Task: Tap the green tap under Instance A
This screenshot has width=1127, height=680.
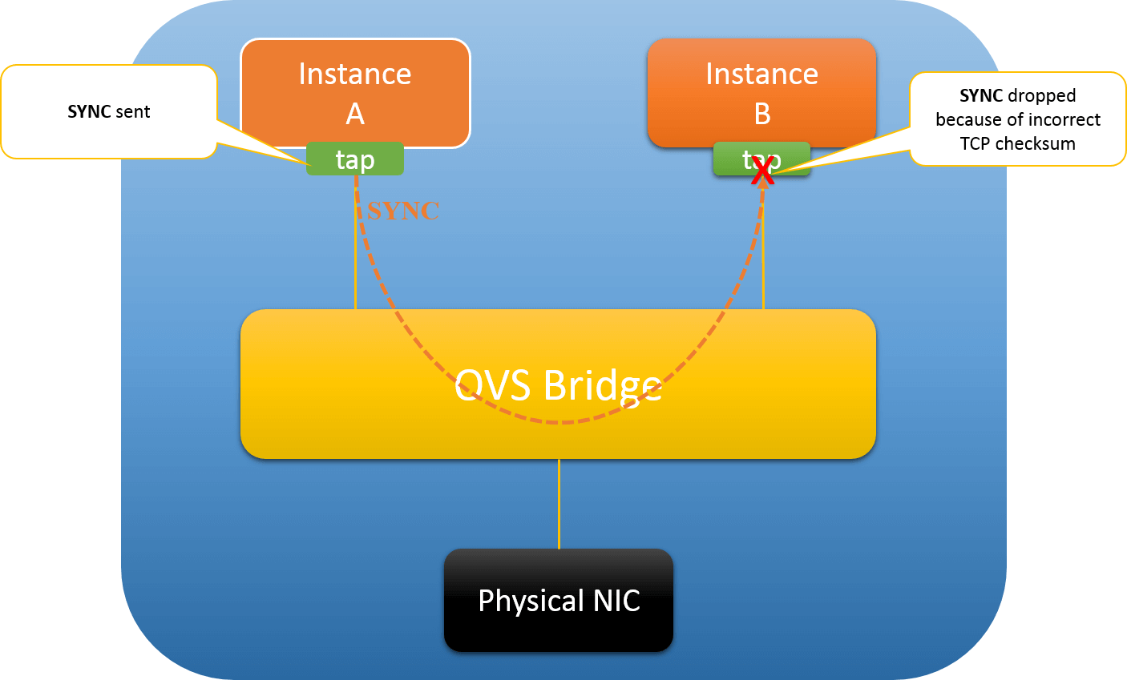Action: [x=355, y=159]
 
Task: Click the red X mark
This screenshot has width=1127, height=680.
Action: [x=762, y=170]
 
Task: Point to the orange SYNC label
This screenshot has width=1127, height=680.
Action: [x=403, y=211]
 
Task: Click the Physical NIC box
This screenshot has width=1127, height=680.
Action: [x=559, y=600]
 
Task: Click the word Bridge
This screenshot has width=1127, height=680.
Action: [x=602, y=386]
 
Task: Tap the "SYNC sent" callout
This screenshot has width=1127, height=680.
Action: [x=109, y=112]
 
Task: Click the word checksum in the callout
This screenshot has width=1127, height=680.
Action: [x=1035, y=144]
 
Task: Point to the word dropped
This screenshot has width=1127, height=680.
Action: [x=1042, y=96]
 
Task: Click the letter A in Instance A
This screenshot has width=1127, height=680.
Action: [x=355, y=115]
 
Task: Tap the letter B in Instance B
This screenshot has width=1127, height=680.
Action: [x=762, y=115]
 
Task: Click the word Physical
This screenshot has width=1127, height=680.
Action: [x=531, y=601]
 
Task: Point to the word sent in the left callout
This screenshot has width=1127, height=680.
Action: [x=132, y=112]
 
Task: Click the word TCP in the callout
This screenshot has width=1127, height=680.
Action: [x=975, y=144]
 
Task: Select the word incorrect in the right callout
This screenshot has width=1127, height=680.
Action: [x=1060, y=120]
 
